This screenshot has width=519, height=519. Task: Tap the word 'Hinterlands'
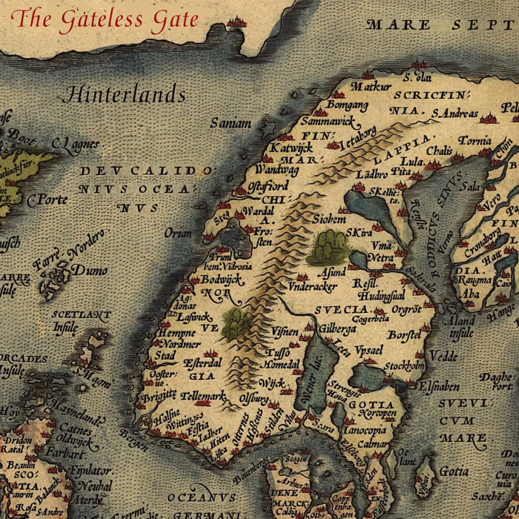[x=125, y=95]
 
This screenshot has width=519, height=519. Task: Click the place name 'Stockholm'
[x=404, y=366]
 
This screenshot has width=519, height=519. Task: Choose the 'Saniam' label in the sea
[x=231, y=124]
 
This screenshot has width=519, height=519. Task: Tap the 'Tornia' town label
[x=474, y=140]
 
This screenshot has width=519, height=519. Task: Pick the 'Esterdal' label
[x=202, y=363]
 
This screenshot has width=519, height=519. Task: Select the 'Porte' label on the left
[x=47, y=199]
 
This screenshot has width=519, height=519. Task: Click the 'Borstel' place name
[x=404, y=336]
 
